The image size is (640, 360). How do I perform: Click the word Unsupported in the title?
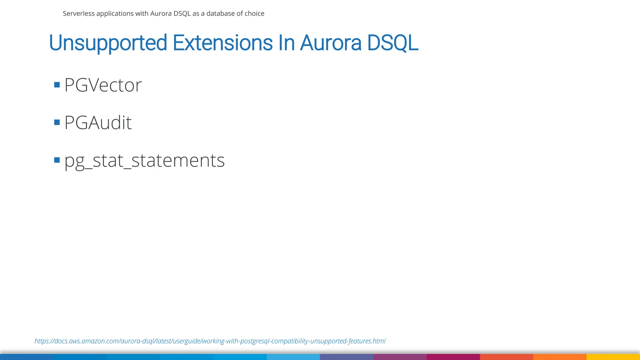click(108, 43)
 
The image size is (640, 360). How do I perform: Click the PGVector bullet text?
click(103, 85)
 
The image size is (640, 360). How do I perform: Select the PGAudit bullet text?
click(98, 122)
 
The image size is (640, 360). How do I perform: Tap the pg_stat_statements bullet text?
click(144, 161)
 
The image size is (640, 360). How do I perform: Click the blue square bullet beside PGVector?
click(57, 85)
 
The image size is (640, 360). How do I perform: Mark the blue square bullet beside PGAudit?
click(57, 122)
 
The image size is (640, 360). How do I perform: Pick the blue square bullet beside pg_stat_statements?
click(57, 160)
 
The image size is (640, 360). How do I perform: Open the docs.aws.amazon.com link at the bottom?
click(210, 341)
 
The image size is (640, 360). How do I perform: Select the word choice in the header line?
click(255, 13)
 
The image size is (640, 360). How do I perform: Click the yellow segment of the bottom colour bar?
click(613, 357)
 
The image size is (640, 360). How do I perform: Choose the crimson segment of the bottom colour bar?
click(453, 357)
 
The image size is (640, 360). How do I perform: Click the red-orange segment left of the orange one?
click(506, 357)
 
